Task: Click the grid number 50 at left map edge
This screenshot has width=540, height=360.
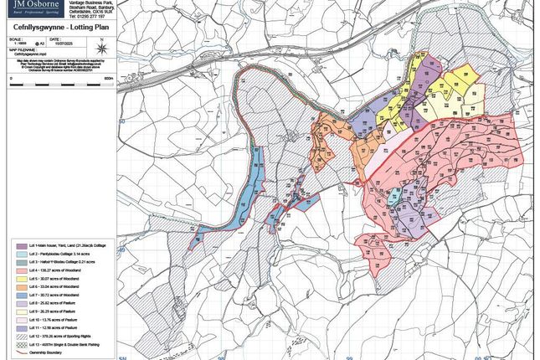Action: [x=121, y=122]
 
